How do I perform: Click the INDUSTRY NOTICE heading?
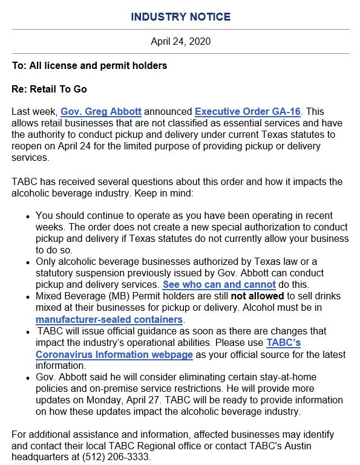click(180, 17)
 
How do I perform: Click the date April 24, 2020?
click(180, 42)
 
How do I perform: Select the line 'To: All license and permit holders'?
click(90, 65)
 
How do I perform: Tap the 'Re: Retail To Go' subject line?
click(50, 89)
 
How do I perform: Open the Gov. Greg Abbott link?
click(101, 112)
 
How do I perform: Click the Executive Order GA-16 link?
click(247, 112)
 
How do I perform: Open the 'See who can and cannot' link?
click(219, 284)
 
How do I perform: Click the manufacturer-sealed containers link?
click(110, 319)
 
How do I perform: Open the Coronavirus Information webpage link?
click(114, 354)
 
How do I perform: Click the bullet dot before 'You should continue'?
click(28, 216)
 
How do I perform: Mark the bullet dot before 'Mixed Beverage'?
click(28, 296)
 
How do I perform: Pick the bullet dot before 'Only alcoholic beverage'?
click(28, 262)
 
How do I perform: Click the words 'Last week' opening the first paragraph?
click(34, 112)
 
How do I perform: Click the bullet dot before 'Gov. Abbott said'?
click(28, 377)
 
